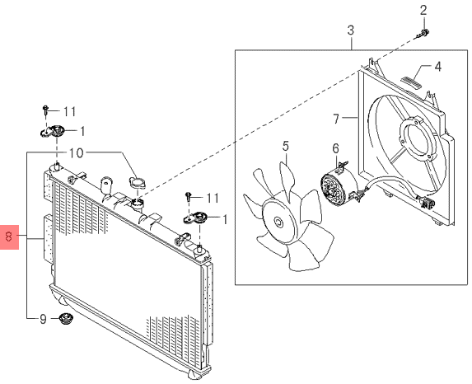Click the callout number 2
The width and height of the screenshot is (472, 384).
pyautogui.click(x=423, y=11)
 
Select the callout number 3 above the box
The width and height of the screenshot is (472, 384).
pyautogui.click(x=351, y=30)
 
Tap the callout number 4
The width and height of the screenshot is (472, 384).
pyautogui.click(x=438, y=67)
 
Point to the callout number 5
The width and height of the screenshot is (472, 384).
pyautogui.click(x=286, y=147)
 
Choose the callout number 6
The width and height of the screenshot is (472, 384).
pyautogui.click(x=335, y=148)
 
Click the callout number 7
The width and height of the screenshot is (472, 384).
pyautogui.click(x=337, y=119)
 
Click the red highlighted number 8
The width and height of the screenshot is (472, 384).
pyautogui.click(x=9, y=236)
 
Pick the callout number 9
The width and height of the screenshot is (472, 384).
pyautogui.click(x=43, y=319)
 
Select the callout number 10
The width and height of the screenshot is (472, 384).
pyautogui.click(x=76, y=153)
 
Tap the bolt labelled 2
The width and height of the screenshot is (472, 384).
pyautogui.click(x=423, y=34)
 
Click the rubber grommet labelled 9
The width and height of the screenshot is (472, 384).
pyautogui.click(x=63, y=319)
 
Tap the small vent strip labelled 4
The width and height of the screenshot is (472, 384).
pyautogui.click(x=411, y=82)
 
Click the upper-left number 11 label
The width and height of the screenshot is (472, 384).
pyautogui.click(x=69, y=112)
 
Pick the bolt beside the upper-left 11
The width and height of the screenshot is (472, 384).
pyautogui.click(x=45, y=110)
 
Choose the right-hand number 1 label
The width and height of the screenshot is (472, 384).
pyautogui.click(x=225, y=219)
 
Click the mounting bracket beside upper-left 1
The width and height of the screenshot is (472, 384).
pyautogui.click(x=52, y=131)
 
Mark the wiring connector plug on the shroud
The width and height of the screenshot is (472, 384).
pyautogui.click(x=428, y=204)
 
